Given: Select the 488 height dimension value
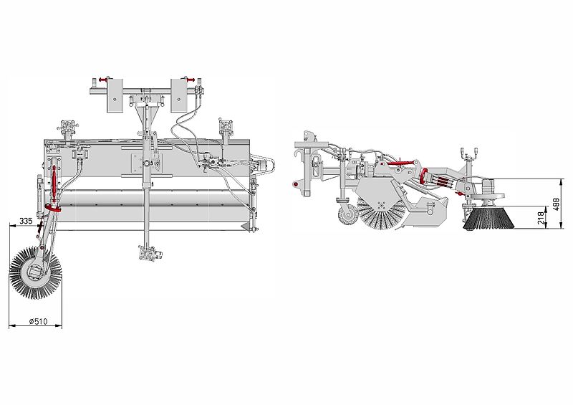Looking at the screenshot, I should (557, 205).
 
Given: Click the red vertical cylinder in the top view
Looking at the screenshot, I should (54, 182).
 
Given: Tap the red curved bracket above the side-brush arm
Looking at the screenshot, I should (52, 209).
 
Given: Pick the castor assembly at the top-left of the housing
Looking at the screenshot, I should (69, 128).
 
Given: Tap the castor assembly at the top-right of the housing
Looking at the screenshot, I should (227, 130).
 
